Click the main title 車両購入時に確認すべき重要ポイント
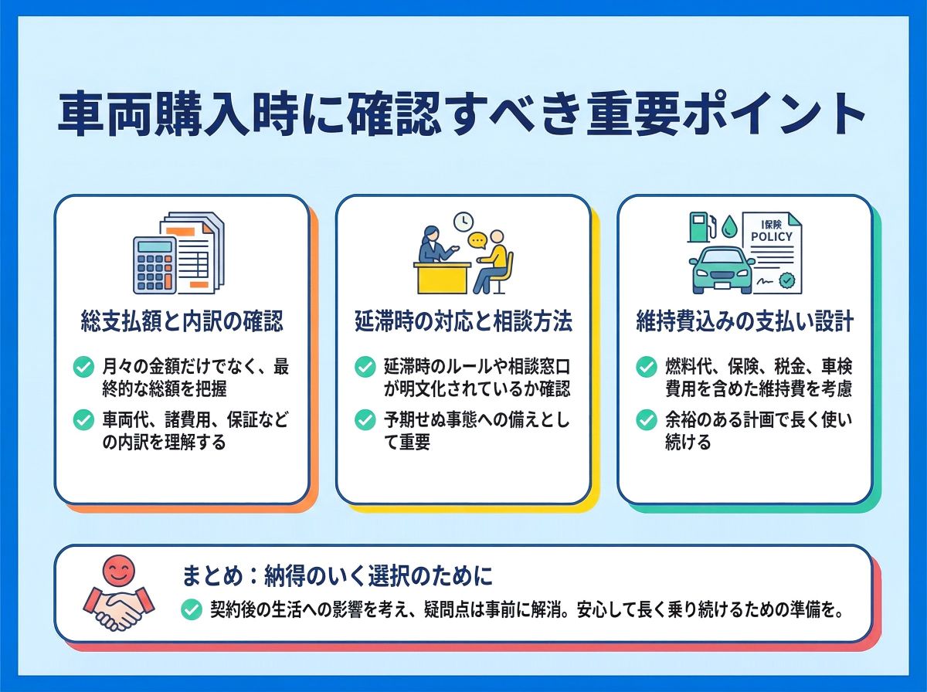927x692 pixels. (461, 115)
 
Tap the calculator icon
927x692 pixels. (154, 265)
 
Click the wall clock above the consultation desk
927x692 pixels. (463, 221)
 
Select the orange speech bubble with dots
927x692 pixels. (477, 241)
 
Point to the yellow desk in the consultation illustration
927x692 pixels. (442, 278)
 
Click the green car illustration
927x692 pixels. (722, 270)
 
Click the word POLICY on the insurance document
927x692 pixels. (772, 236)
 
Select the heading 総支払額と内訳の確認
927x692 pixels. (182, 321)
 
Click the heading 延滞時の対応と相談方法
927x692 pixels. (463, 321)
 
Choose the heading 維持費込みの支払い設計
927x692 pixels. (745, 321)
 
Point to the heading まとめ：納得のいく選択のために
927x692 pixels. (337, 575)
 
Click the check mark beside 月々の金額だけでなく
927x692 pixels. (83, 367)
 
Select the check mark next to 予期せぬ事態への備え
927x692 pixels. (365, 419)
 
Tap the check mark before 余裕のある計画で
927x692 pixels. (646, 419)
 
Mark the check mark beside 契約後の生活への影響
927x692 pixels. (192, 609)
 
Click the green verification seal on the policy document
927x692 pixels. (786, 280)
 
